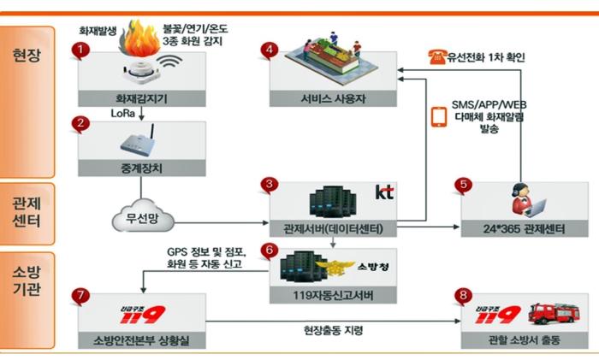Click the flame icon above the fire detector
coord(139,38)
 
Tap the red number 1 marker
coord(80,50)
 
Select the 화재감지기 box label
coord(142,99)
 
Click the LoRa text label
coord(122,114)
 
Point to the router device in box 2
coord(139,141)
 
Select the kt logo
coord(384,192)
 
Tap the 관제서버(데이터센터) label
coord(333,229)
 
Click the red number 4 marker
coord(270,50)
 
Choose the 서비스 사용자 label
coord(333,99)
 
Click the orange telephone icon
coord(437,57)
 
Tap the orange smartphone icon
coord(439,116)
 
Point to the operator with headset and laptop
coord(528,200)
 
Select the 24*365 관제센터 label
coord(524,229)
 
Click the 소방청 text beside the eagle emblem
coord(372,266)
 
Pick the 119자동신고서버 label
coord(333,295)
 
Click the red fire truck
coord(554,314)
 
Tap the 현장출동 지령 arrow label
coord(333,330)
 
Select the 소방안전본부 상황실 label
coord(142,340)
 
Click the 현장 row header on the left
coord(27,56)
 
